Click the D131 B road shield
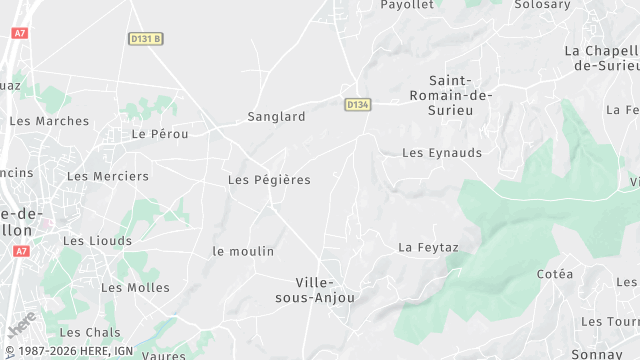point(145,39)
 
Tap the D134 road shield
point(358,104)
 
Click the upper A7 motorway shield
point(19,33)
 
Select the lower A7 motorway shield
point(20,251)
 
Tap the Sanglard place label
point(276,117)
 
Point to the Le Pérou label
point(154,133)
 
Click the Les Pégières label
point(269,180)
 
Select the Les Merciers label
point(107,176)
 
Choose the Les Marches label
point(49,121)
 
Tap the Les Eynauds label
point(441,153)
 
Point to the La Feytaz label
point(428,246)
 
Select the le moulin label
point(243,251)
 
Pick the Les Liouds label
point(97,241)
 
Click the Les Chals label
point(90,332)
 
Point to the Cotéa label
point(555,274)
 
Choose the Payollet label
point(407,5)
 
